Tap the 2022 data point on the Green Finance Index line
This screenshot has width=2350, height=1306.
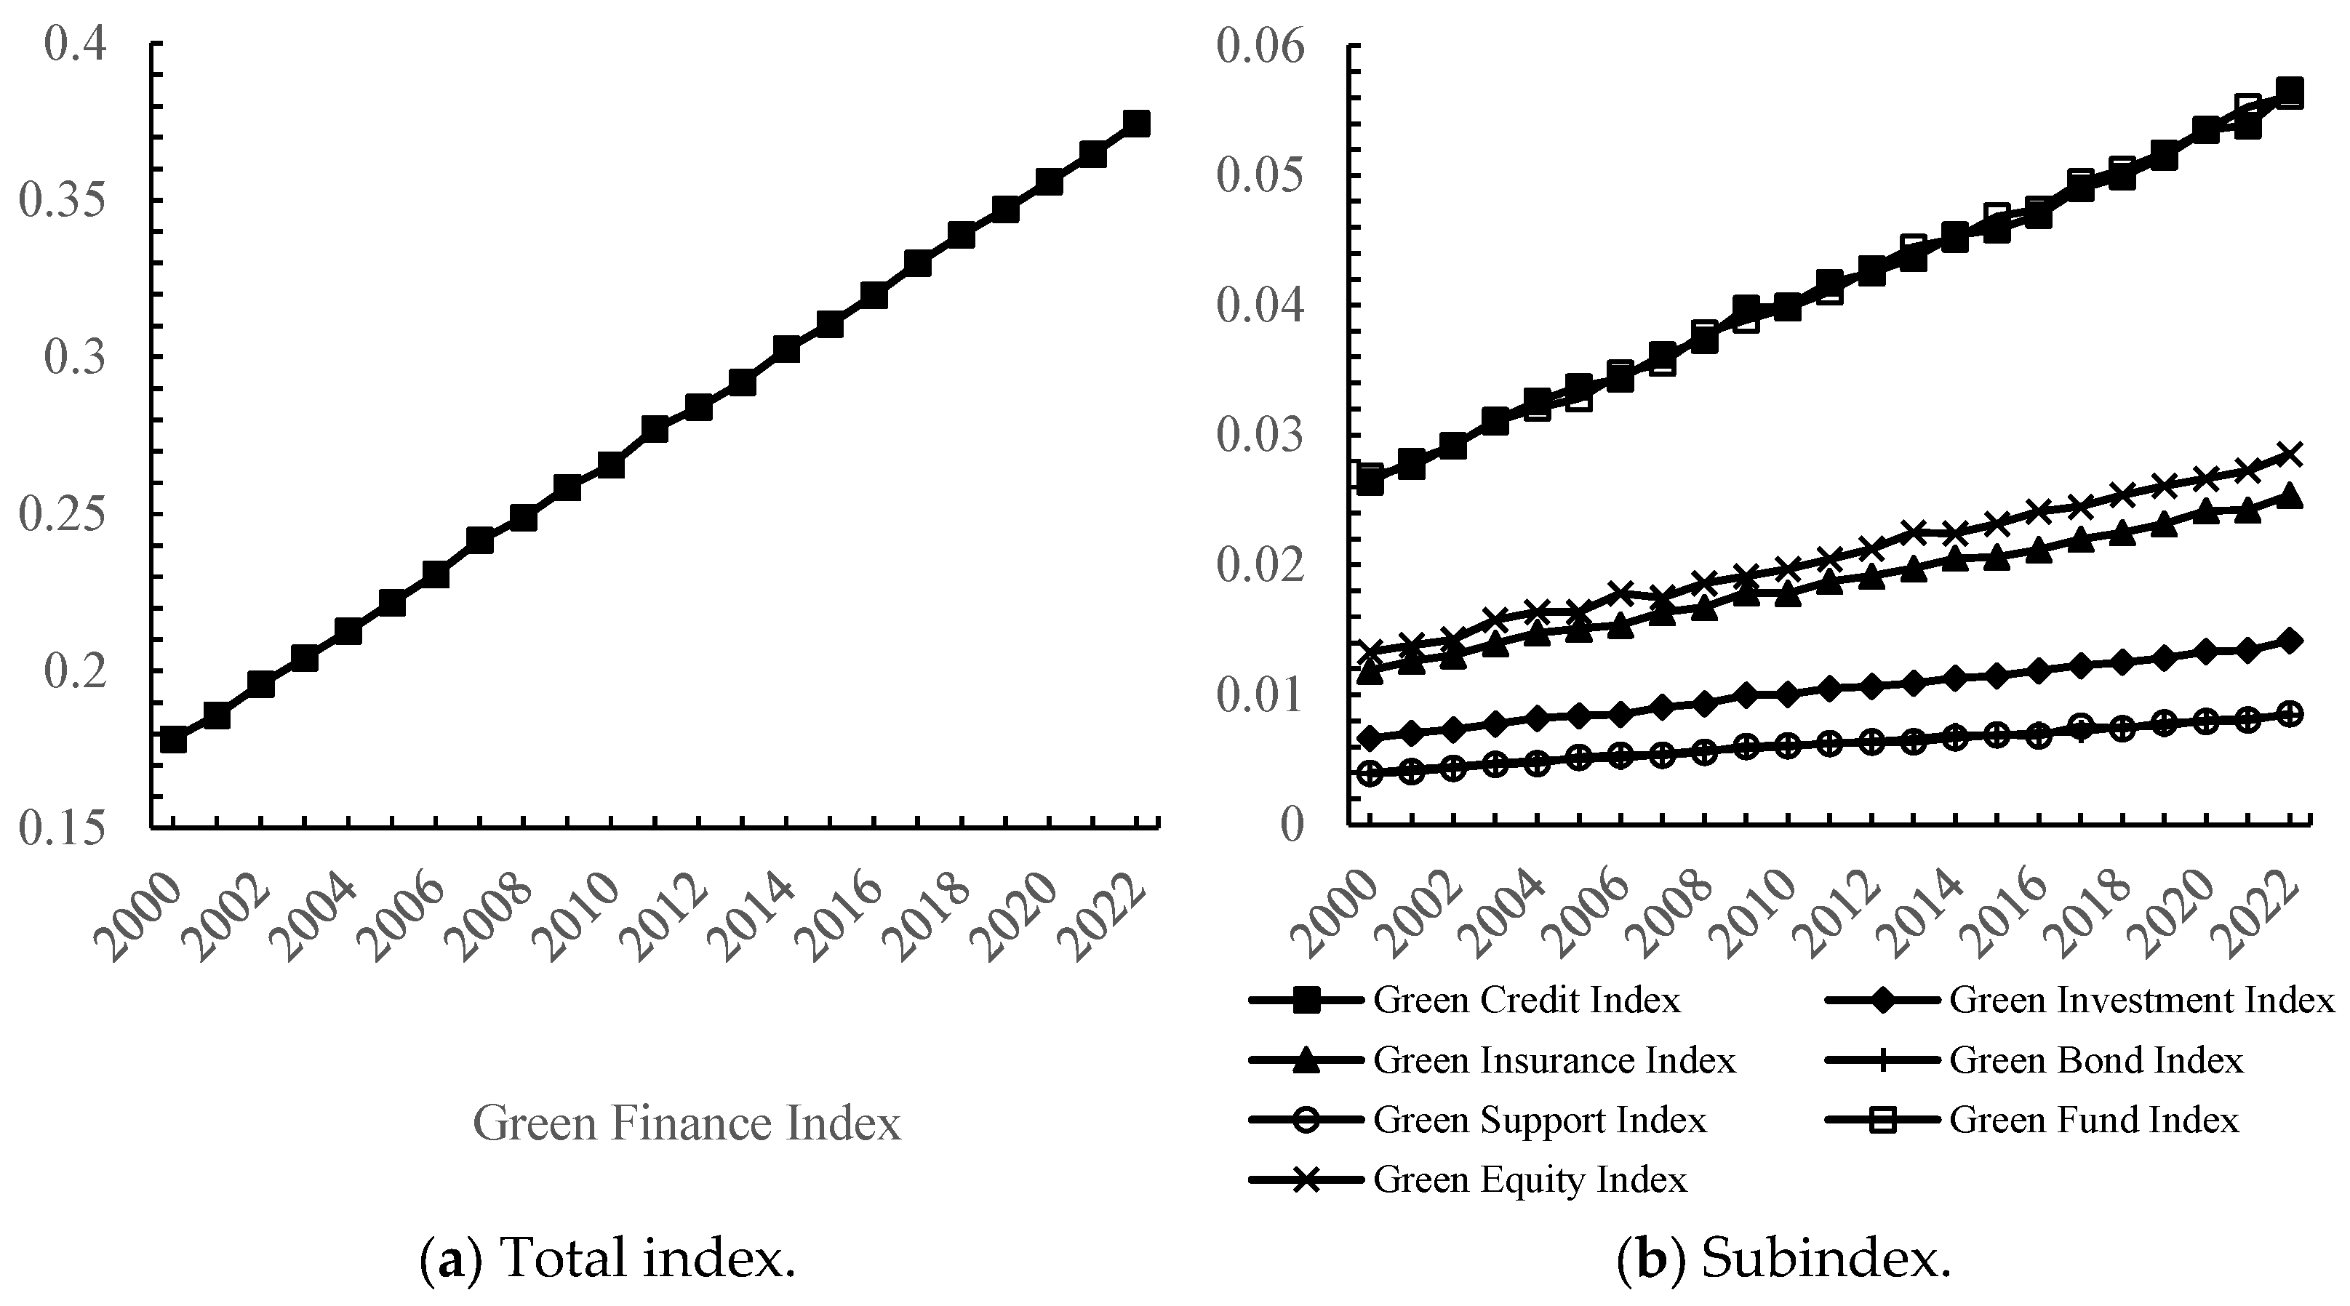point(1136,123)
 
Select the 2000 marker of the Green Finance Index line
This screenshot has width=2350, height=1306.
point(173,740)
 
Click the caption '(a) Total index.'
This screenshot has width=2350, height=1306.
point(607,1259)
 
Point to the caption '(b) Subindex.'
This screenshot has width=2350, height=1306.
point(1783,1259)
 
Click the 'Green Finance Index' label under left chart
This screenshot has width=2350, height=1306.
point(686,1123)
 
